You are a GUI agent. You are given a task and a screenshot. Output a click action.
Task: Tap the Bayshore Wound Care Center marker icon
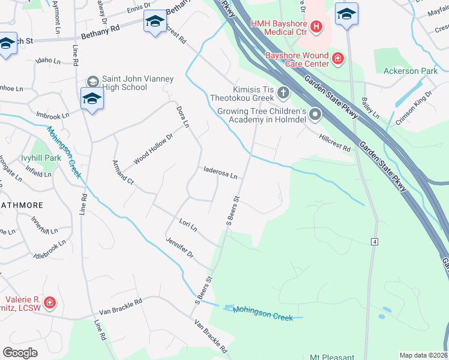[339, 58]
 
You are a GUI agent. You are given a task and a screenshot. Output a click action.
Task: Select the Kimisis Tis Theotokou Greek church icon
[283, 93]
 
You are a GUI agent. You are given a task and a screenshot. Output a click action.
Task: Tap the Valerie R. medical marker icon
[49, 303]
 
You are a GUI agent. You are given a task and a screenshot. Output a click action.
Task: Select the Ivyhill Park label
[41, 158]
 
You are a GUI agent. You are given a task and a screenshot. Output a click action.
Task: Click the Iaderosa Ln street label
[220, 173]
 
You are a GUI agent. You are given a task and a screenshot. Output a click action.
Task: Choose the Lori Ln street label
[188, 225]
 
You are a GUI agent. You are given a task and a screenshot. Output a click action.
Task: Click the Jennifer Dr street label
[180, 247]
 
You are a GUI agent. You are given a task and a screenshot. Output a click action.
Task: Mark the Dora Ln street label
[182, 116]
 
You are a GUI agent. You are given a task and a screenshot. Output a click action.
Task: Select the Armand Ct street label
[122, 171]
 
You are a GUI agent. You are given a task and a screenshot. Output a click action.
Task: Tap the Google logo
[20, 353]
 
